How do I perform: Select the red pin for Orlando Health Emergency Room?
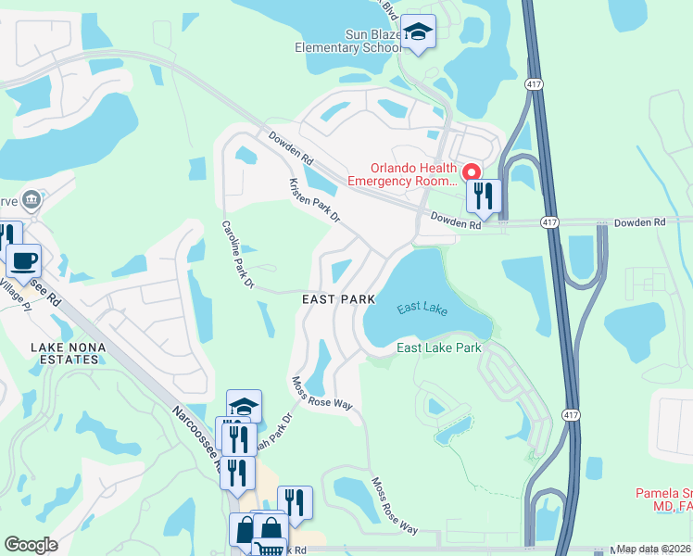click(471, 172)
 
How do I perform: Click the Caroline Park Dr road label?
click(237, 256)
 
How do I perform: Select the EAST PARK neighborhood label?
click(338, 299)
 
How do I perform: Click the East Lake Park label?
click(439, 347)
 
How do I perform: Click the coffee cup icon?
click(23, 259)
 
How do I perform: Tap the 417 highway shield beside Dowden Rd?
click(550, 223)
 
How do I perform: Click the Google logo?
click(31, 545)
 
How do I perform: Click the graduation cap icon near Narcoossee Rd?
click(244, 406)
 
